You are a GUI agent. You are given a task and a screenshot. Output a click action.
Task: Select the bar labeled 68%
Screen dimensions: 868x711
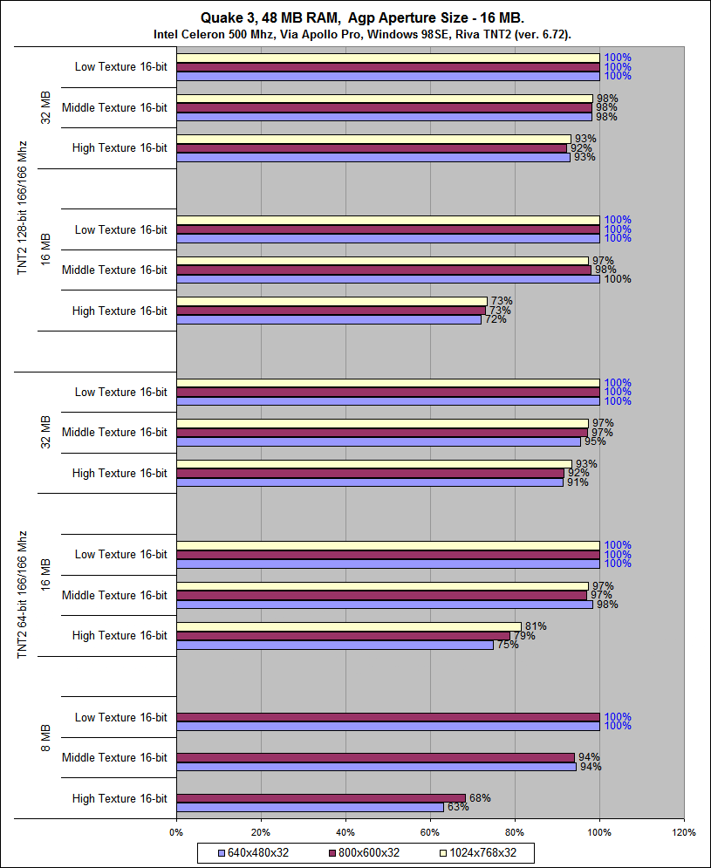point(321,798)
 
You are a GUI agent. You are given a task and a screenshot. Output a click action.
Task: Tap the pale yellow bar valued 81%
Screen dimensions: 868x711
point(349,626)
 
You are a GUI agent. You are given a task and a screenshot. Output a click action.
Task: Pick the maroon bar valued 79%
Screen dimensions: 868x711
point(343,636)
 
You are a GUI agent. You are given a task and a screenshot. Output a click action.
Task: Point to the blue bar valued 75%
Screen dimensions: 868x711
point(335,645)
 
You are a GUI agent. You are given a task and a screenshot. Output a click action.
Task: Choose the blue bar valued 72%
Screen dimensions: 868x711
point(329,320)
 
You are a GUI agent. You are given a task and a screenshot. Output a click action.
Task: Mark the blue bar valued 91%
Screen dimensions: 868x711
point(370,482)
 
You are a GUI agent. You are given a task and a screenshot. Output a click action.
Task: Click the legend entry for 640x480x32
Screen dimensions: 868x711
point(252,852)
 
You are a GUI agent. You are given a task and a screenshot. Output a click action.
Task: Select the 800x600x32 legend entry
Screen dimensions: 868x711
point(364,852)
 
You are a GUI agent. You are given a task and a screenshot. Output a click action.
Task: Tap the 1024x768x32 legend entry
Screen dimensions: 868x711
point(482,852)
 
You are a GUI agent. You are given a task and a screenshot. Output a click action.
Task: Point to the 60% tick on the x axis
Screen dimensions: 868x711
point(430,832)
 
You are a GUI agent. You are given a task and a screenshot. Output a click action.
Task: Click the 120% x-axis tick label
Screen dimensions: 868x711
point(684,832)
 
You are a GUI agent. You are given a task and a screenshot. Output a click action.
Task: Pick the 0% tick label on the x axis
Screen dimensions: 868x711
point(176,832)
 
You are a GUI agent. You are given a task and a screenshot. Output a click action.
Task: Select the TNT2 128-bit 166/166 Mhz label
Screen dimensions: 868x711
point(24,208)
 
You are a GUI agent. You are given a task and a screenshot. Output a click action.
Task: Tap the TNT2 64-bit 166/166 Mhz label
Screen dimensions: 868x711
point(24,595)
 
